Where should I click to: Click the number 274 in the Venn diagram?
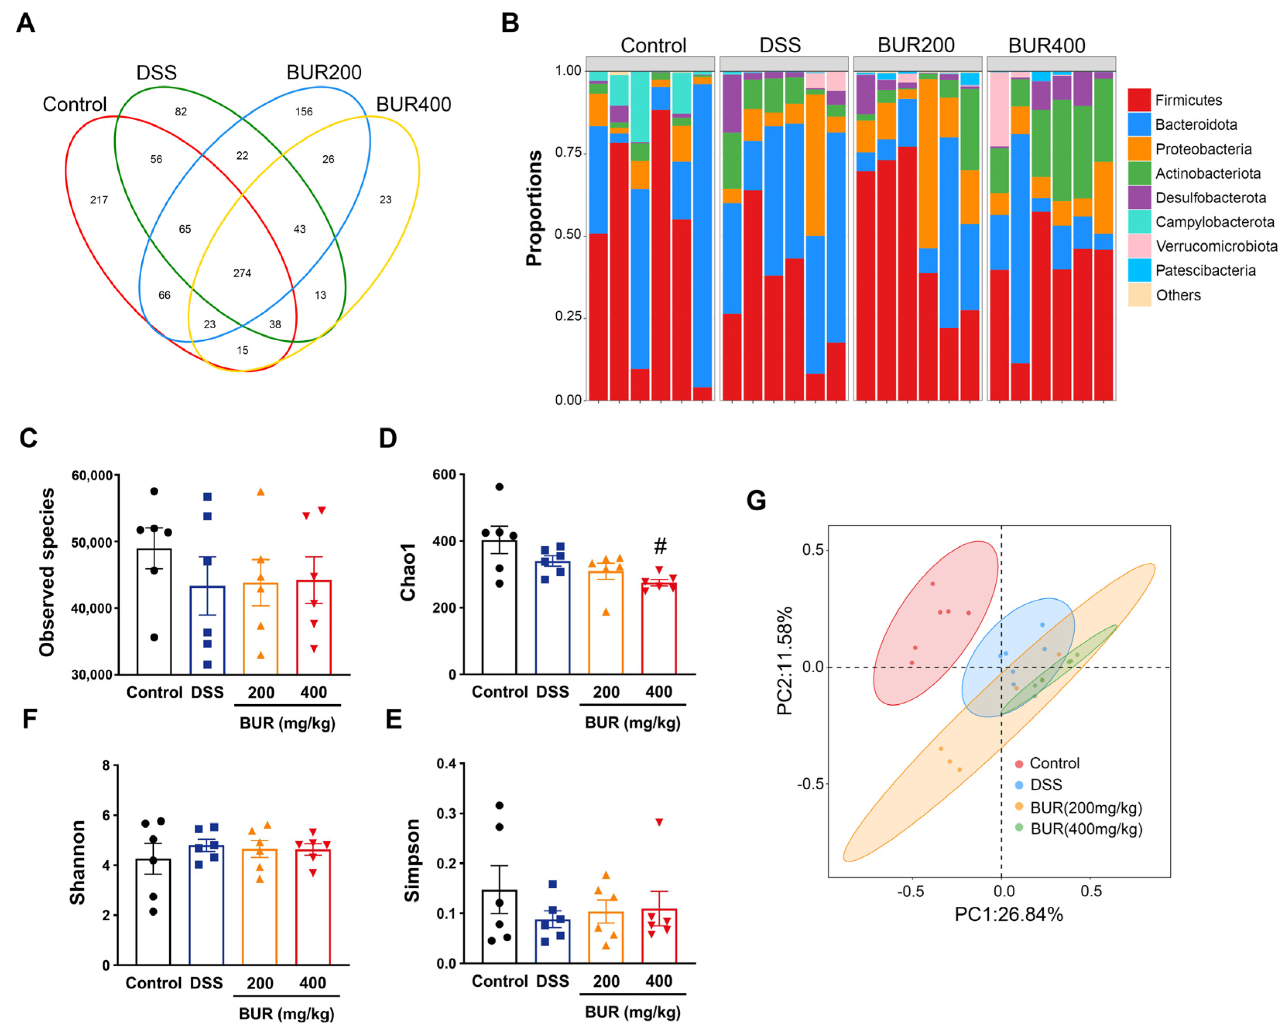click(242, 273)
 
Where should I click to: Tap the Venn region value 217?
click(99, 199)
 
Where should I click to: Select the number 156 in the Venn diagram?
click(304, 112)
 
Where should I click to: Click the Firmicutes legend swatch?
click(1139, 100)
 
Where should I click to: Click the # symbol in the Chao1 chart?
click(660, 546)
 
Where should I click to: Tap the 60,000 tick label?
click(92, 475)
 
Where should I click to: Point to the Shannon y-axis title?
click(78, 862)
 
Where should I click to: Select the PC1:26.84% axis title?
click(1008, 914)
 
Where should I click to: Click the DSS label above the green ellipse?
click(156, 73)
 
